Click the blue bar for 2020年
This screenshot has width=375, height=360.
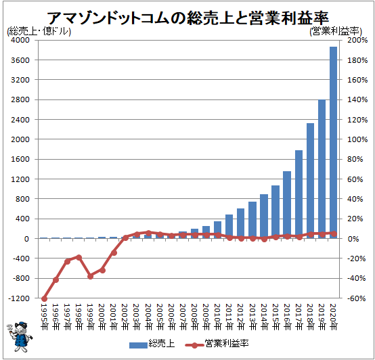click(x=334, y=143)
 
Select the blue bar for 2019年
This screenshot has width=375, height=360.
click(x=322, y=169)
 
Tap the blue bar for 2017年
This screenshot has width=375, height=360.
click(x=299, y=194)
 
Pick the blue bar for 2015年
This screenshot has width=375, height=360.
click(x=275, y=212)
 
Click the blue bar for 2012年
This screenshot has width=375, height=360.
click(x=240, y=223)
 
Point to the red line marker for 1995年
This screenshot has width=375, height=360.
click(x=44, y=299)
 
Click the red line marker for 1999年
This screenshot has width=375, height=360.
click(x=91, y=276)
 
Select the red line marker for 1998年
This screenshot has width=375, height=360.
click(x=79, y=257)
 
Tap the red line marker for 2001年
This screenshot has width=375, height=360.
click(x=114, y=252)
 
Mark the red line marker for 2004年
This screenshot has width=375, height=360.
click(x=148, y=233)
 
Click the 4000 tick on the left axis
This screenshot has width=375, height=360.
click(x=20, y=40)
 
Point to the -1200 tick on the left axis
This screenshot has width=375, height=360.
click(x=19, y=298)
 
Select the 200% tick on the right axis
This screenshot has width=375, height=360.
click(x=357, y=40)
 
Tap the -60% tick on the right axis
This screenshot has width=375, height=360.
click(x=356, y=298)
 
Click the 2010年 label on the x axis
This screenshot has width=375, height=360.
click(x=218, y=317)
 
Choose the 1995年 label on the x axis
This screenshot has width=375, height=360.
click(x=44, y=317)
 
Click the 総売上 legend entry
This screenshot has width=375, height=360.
click(x=152, y=344)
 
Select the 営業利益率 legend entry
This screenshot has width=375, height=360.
click(x=217, y=344)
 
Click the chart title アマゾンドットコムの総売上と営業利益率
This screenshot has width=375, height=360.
click(x=187, y=18)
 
